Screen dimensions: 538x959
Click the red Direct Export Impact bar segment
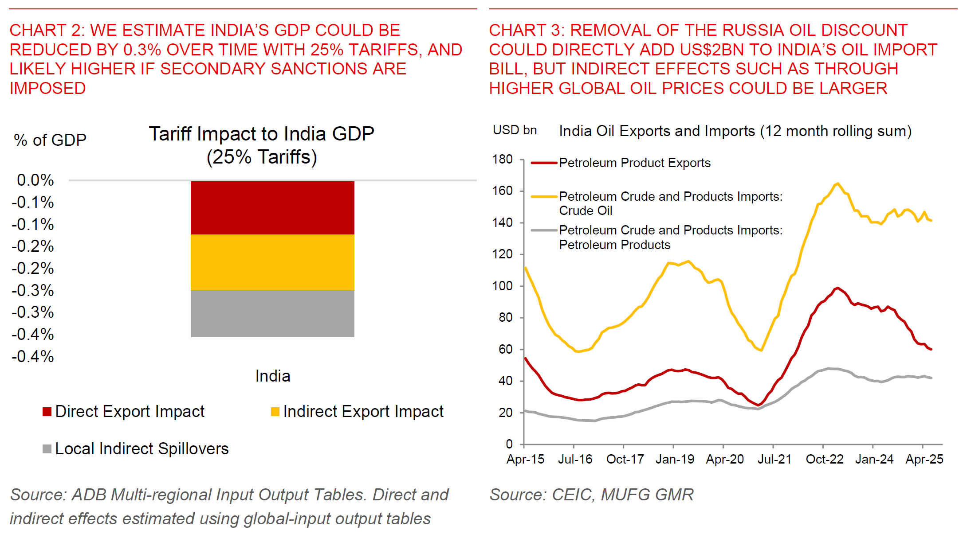[x=272, y=207]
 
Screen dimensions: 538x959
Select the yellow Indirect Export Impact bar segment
[x=272, y=262]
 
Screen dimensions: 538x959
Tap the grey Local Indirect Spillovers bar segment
[x=272, y=313]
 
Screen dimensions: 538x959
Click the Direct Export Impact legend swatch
[x=47, y=412]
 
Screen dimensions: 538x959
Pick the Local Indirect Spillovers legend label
[x=141, y=448]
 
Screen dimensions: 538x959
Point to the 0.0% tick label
[x=35, y=180]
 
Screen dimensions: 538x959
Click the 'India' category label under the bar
[x=273, y=376]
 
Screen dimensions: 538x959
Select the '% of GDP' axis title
[x=50, y=140]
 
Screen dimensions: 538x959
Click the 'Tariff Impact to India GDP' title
[x=261, y=134]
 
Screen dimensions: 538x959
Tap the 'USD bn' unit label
[x=515, y=130]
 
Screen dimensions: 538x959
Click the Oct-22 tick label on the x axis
[x=824, y=459]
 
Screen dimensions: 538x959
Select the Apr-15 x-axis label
[x=525, y=459]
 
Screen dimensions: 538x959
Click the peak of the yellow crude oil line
[x=837, y=183]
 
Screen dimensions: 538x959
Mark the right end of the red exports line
[x=931, y=349]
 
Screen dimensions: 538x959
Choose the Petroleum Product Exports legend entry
[x=634, y=163]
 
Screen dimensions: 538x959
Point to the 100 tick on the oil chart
[x=502, y=286]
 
